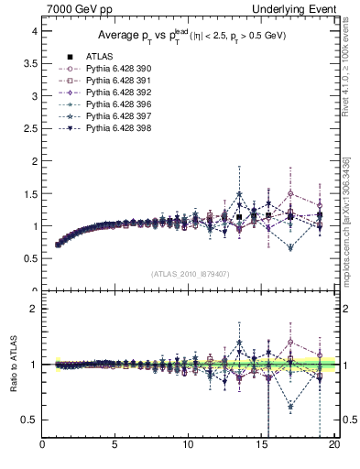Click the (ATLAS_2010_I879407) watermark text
(x=190, y=274)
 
